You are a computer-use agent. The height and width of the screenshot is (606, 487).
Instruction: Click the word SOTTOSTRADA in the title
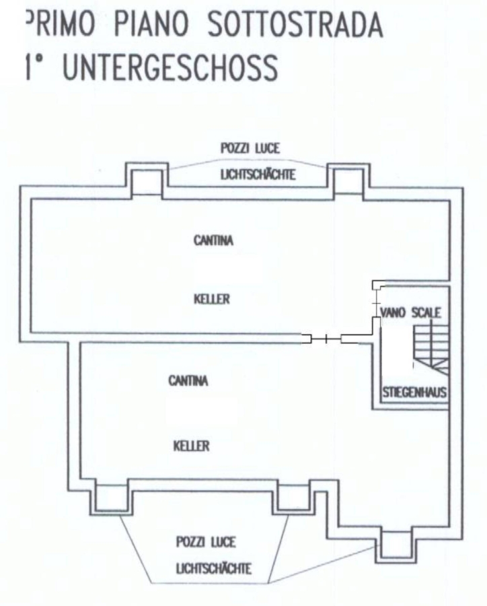coord(295,25)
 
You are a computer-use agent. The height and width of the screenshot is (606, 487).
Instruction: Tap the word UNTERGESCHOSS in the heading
coord(170,67)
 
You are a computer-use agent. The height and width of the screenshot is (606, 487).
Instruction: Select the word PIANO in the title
coord(151,24)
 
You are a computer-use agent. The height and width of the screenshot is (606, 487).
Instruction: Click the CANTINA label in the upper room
coord(214,241)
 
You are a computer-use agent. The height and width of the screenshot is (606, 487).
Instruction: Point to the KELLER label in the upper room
coord(212,299)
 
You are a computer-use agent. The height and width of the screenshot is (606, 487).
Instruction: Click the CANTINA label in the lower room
coord(188,381)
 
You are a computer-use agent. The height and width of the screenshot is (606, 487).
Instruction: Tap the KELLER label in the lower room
coord(192,446)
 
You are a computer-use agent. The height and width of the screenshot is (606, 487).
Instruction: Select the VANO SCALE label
coord(410,312)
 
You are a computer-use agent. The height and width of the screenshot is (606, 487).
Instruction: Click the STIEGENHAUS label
coord(414,393)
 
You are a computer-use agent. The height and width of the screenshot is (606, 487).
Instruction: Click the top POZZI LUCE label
coord(250,148)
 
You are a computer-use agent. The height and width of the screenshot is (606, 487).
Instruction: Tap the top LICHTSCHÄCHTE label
coord(258,174)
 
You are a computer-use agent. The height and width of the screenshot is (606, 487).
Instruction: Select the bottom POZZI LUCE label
coord(205,542)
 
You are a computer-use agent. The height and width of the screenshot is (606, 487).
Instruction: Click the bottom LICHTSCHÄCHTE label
coord(214,569)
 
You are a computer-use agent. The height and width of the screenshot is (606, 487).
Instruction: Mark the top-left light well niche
coord(147,182)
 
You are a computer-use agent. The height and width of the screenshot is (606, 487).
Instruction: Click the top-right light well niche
coord(348,182)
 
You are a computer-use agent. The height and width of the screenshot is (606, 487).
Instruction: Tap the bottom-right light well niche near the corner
coord(396,544)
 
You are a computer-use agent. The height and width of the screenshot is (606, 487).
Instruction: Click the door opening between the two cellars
coord(326,339)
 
